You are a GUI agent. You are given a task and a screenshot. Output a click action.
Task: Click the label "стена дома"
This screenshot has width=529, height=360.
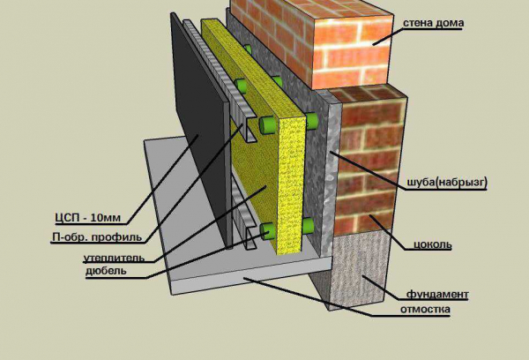[434, 23]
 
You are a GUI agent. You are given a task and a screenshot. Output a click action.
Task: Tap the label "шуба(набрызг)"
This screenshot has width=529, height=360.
[447, 183]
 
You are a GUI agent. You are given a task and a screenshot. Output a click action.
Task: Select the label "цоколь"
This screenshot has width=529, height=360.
[433, 244]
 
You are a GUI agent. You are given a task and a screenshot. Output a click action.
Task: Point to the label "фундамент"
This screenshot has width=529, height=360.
[437, 295]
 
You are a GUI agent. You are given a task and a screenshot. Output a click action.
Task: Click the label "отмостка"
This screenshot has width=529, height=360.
[425, 309]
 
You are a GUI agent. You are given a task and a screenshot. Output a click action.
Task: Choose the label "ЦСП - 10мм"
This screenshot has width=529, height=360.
[87, 217]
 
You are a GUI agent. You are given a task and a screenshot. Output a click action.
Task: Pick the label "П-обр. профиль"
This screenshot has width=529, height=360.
[97, 237]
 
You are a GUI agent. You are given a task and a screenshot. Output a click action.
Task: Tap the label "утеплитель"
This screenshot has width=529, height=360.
[115, 259]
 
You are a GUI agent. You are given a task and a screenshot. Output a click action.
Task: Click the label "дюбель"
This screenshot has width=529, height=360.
[106, 271]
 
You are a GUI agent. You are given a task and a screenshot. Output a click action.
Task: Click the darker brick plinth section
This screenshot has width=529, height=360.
[369, 162]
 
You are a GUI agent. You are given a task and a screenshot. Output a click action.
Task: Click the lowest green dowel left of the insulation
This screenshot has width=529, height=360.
[268, 232]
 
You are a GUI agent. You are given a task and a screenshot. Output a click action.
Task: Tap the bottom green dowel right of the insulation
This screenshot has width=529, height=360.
[308, 226]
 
